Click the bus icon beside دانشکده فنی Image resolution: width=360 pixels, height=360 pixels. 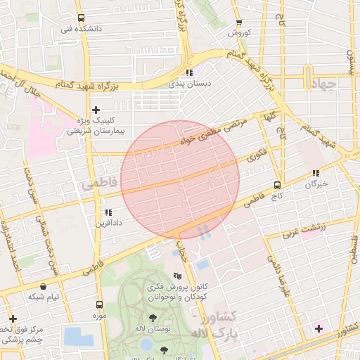pyautogui.click(x=81, y=18)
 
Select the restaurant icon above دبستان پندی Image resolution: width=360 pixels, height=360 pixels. pyautogui.click(x=189, y=72)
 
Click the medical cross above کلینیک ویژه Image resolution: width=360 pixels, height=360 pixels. pyautogui.click(x=96, y=110)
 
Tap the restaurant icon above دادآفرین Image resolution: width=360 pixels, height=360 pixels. pyautogui.click(x=108, y=212)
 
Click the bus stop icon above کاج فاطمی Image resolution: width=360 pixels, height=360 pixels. pyautogui.click(x=278, y=186)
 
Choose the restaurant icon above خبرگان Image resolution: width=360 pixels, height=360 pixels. pyautogui.click(x=316, y=173)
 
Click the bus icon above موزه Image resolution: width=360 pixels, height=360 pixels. pyautogui.click(x=99, y=305)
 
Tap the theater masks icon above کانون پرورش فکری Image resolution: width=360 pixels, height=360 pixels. pyautogui.click(x=177, y=276)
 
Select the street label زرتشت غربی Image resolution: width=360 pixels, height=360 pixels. pyautogui.click(x=302, y=230)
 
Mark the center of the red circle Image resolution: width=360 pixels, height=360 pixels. pyautogui.click(x=180, y=179)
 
